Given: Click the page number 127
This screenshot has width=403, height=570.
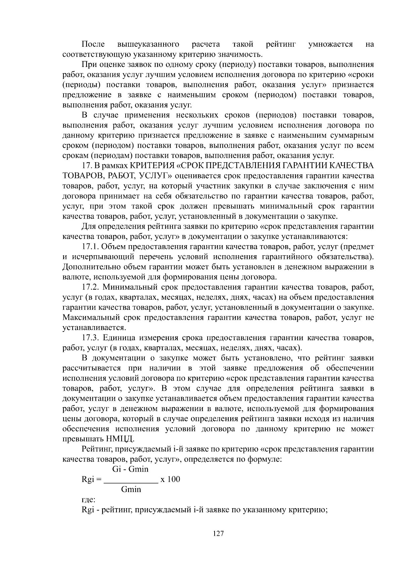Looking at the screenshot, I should pos(218,534).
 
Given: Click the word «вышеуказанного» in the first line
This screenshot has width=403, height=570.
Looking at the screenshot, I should pos(148,44).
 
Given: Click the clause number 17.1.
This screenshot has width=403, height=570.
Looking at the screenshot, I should pos(90,247).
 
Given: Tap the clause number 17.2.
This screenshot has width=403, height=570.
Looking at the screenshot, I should pos(90,287).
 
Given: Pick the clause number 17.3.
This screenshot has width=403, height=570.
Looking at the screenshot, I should pos(90,338).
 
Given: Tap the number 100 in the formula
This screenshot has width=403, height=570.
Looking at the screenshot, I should pos(174,479).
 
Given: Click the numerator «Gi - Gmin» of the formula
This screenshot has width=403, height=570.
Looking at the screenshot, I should pos(130,469).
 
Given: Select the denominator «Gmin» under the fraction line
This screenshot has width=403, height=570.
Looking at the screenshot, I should pos(131,489).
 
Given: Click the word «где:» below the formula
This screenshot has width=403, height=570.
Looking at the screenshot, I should pos(89,500).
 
